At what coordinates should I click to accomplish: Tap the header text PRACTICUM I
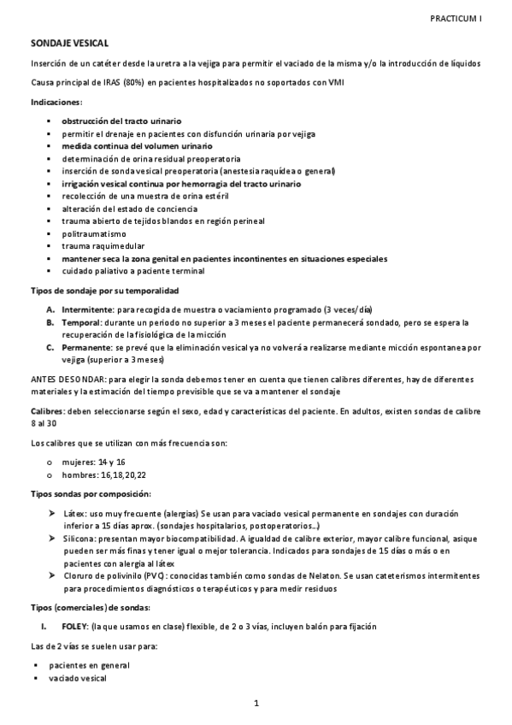(x=456, y=15)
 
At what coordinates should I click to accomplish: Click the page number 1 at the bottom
(x=256, y=703)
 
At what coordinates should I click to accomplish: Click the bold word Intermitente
(x=87, y=309)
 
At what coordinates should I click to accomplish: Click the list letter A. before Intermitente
(x=52, y=309)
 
